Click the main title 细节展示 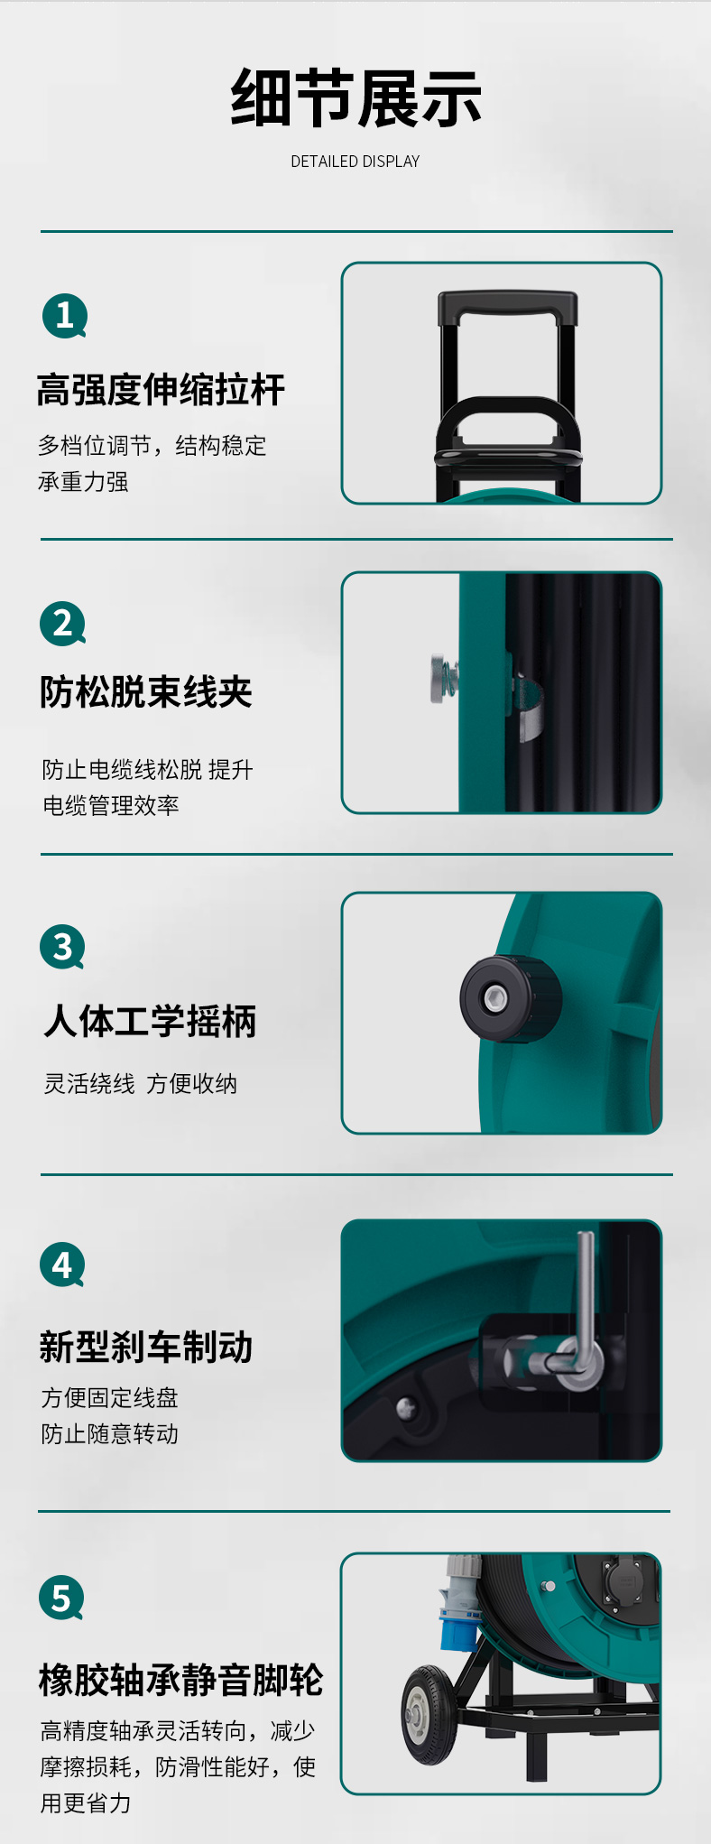[355, 98]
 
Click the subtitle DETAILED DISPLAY [355, 162]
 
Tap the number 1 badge [65, 316]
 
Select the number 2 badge [63, 624]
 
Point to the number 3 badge [62, 947]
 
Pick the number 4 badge [62, 1265]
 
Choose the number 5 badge [61, 1598]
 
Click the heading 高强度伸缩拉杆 [161, 390]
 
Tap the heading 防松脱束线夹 [146, 692]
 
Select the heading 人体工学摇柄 [150, 1021]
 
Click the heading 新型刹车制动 [146, 1347]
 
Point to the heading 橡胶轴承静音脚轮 [181, 1681]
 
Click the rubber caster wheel [429, 1715]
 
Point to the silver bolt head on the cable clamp [441, 679]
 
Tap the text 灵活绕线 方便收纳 [141, 1083]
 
